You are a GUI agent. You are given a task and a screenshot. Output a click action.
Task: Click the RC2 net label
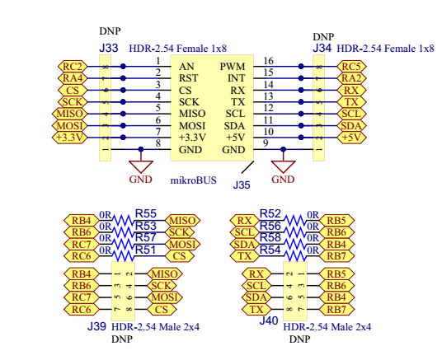73,67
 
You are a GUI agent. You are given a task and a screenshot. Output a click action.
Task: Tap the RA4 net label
73,78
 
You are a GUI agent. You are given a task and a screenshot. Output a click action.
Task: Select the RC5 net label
351,67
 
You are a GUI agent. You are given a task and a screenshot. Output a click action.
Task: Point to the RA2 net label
351,78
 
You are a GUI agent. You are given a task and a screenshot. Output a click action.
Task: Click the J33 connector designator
109,48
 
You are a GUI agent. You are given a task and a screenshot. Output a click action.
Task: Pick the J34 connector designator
322,48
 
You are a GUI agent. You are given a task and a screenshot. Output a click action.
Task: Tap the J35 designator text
242,185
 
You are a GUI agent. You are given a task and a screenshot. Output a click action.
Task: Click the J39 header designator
96,326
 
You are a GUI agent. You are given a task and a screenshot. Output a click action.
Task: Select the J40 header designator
269,320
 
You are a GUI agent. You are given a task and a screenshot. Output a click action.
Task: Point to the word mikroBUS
193,180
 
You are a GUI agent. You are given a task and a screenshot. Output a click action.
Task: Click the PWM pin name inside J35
233,67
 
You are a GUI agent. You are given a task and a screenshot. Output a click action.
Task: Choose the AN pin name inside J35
186,67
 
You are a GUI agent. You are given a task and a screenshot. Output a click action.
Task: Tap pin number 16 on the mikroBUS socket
268,61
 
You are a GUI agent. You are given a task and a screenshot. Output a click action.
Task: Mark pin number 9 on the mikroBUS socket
266,143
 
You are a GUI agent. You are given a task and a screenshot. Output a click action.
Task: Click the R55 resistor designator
145,214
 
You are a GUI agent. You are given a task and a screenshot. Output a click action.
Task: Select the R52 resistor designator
270,214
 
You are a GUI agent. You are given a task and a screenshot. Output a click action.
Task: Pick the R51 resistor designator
145,250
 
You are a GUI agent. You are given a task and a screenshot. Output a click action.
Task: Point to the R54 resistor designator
270,250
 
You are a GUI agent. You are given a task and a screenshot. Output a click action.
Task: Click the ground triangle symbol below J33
141,166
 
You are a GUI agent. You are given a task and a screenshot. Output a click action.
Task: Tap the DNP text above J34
323,37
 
